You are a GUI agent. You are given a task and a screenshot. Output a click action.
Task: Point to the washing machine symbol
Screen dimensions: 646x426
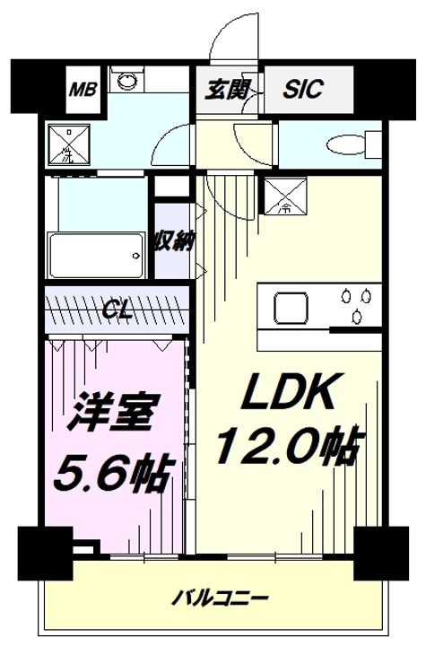tap(66, 144)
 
